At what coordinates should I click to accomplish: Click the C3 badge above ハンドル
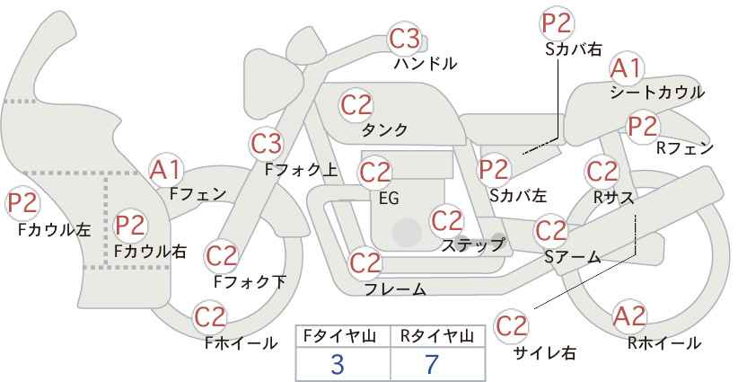click(x=405, y=39)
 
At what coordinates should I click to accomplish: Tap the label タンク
click(x=384, y=129)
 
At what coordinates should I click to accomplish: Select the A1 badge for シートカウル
click(x=627, y=69)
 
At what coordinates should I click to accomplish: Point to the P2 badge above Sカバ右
click(x=557, y=23)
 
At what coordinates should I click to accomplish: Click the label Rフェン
click(x=685, y=148)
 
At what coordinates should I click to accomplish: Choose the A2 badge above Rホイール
click(x=629, y=316)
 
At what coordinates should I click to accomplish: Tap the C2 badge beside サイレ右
click(x=511, y=326)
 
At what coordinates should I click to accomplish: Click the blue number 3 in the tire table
click(x=338, y=364)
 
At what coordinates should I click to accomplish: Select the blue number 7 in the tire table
click(x=432, y=364)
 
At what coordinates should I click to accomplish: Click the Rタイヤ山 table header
click(x=437, y=336)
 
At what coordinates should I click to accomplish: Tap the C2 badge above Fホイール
click(x=210, y=317)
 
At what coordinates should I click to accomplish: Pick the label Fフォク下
click(x=250, y=281)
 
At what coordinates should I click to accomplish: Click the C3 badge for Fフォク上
click(x=266, y=144)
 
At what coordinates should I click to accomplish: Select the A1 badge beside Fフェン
click(x=165, y=170)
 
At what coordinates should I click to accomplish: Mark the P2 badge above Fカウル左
click(x=22, y=204)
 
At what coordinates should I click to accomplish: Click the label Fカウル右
click(x=151, y=251)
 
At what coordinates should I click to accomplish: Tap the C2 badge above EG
click(x=374, y=173)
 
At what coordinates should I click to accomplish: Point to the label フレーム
click(x=395, y=289)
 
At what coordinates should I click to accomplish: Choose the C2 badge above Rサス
click(x=602, y=172)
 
